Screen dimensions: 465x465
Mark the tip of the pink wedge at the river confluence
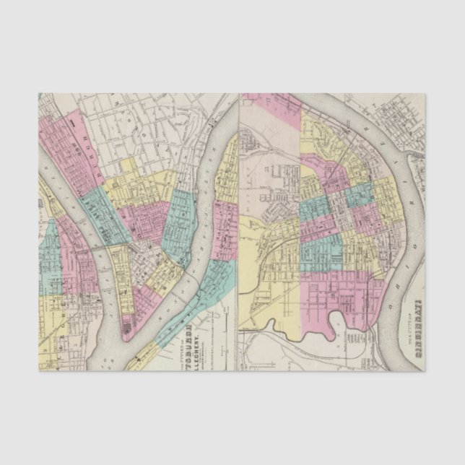(x=127, y=334)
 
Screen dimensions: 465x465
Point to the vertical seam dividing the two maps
(x=238, y=231)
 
